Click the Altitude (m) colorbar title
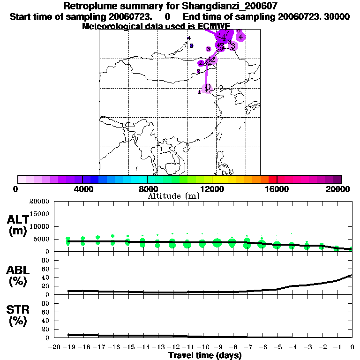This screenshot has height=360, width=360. click(x=173, y=196)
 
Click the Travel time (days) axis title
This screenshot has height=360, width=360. click(x=205, y=355)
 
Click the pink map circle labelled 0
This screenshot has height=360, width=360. click(x=207, y=88)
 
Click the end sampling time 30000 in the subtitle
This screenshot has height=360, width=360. click(x=339, y=16)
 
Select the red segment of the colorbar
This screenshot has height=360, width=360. click(x=272, y=179)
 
